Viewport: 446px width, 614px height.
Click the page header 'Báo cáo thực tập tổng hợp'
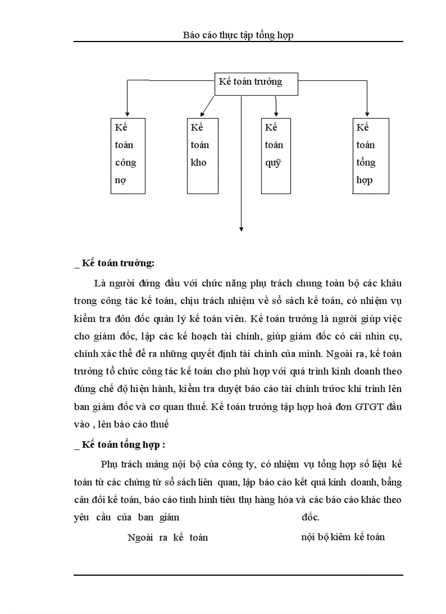click(238, 35)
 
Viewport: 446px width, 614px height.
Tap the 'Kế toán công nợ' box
click(128, 155)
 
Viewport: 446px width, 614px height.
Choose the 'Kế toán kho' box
click(202, 155)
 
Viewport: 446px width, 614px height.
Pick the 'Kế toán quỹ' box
click(275, 155)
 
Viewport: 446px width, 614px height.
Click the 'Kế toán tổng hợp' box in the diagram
click(371, 155)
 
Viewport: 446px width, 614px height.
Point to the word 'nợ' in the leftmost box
click(121, 180)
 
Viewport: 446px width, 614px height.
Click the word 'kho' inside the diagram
click(199, 162)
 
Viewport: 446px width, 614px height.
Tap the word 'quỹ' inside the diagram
click(273, 163)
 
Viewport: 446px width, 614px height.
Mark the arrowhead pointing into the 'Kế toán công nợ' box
click(127, 113)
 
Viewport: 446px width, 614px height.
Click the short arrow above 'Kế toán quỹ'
click(277, 106)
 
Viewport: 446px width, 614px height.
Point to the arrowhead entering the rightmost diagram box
click(366, 113)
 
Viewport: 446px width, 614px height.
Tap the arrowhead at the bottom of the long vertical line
click(241, 228)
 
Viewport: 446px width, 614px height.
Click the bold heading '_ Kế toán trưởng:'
click(114, 263)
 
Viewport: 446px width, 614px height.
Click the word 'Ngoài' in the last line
click(139, 537)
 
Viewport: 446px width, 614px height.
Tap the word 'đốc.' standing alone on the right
click(310, 517)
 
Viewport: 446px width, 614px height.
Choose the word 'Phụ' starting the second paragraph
click(109, 465)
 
